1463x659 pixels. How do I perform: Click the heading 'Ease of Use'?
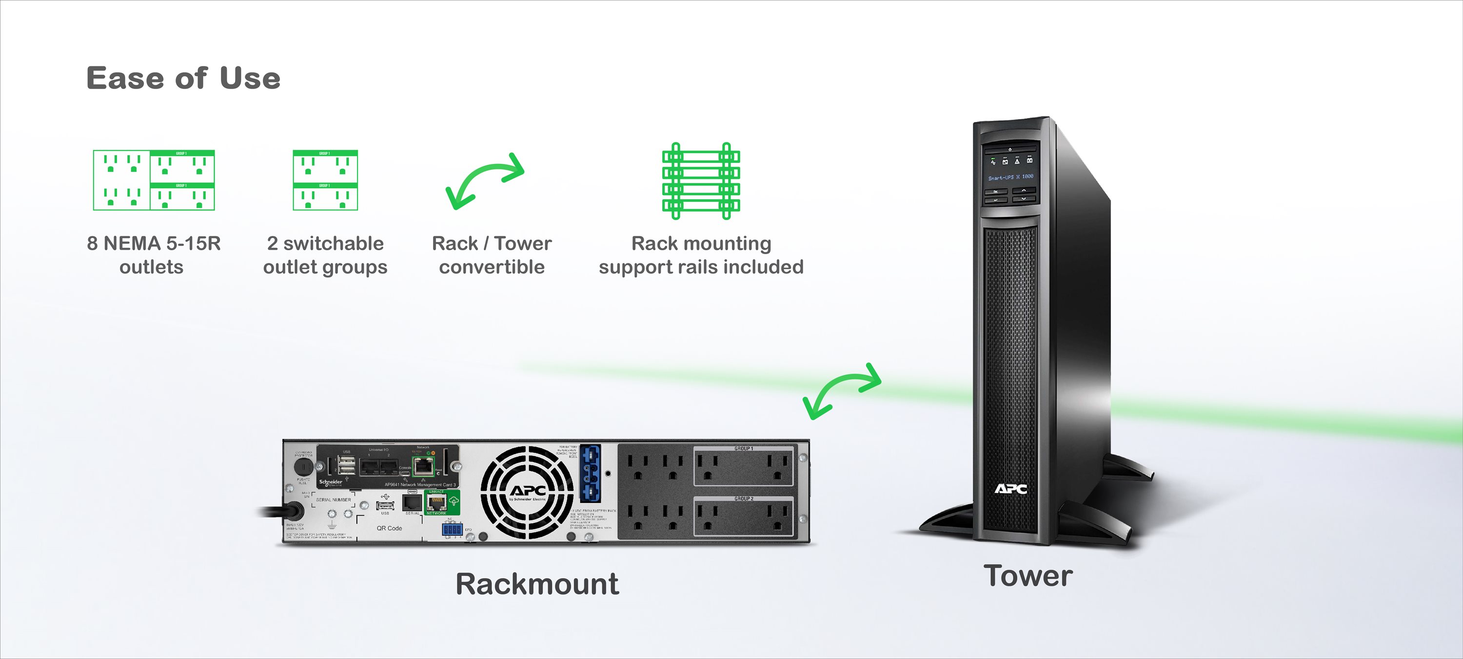[183, 78]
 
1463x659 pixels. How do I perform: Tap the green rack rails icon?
[701, 180]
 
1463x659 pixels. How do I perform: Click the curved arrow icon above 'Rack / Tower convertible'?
[484, 180]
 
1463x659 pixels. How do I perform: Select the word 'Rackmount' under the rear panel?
[537, 584]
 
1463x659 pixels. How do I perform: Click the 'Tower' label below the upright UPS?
[1028, 576]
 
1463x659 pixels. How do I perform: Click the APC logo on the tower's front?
[1010, 489]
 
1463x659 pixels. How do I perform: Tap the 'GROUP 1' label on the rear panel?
[743, 449]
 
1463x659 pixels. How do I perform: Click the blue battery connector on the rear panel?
[591, 473]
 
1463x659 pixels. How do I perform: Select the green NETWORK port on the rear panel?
[437, 503]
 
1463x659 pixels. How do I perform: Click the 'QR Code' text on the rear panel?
[389, 528]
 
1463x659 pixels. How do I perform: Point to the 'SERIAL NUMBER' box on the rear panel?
[334, 500]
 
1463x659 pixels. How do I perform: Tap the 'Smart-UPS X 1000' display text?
[1010, 177]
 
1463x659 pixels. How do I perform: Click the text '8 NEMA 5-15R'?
[153, 243]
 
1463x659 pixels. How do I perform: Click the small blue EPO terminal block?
[452, 529]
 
